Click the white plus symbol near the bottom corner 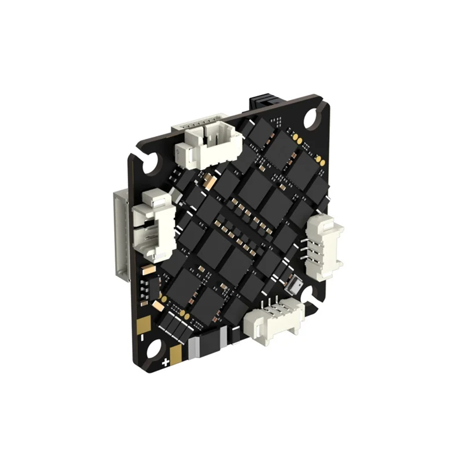[166, 363]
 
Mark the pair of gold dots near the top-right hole [296, 138]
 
